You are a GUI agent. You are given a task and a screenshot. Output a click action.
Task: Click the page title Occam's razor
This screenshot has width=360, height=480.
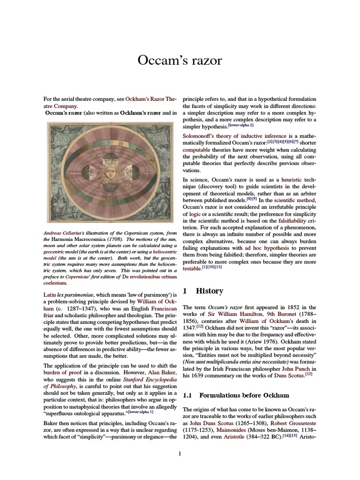(180, 60)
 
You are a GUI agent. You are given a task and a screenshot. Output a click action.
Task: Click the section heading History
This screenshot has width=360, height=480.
(209, 291)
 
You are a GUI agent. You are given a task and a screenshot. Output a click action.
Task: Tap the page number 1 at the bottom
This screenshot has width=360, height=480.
(180, 453)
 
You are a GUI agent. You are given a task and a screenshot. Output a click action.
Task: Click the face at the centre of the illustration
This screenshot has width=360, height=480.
(111, 172)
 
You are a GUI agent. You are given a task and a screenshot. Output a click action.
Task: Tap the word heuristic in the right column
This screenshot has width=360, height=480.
(292, 180)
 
